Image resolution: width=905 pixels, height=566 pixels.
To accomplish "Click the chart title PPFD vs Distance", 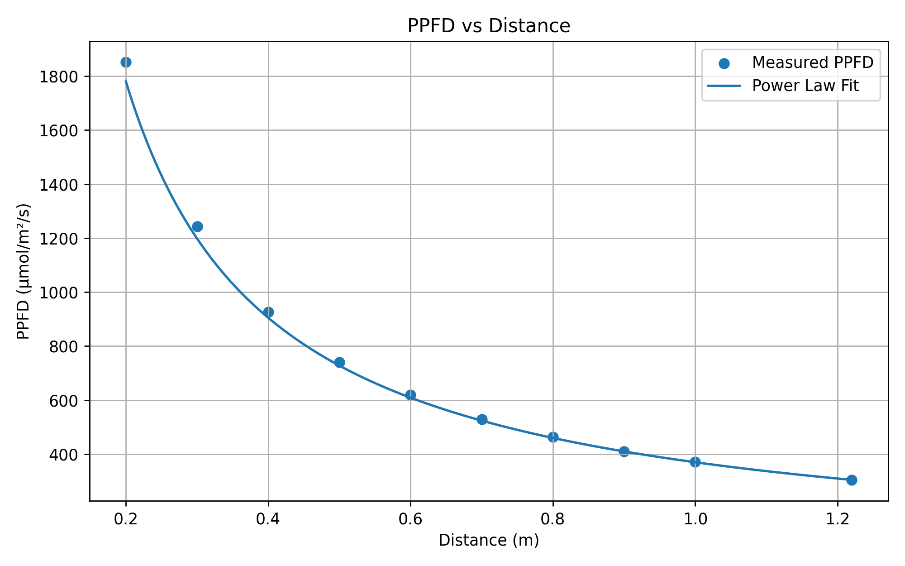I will (x=489, y=26).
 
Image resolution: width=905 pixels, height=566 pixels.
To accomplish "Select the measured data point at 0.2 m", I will (x=126, y=62).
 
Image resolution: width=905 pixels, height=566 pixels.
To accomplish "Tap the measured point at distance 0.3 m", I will (x=197, y=226).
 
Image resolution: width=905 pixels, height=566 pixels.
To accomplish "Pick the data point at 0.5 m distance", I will (x=339, y=362).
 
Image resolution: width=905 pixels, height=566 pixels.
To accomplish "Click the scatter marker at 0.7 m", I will (x=482, y=419).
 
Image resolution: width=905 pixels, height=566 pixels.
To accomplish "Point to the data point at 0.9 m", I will (x=624, y=451).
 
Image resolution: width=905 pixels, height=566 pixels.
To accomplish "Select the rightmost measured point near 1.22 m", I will (x=852, y=480).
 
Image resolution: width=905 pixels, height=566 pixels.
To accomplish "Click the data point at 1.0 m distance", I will (x=695, y=462).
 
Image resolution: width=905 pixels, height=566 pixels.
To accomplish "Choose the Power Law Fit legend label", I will (x=805, y=86).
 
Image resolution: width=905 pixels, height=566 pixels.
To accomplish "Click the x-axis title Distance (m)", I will (x=489, y=541).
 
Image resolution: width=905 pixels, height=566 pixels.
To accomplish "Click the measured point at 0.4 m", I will (x=268, y=312).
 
